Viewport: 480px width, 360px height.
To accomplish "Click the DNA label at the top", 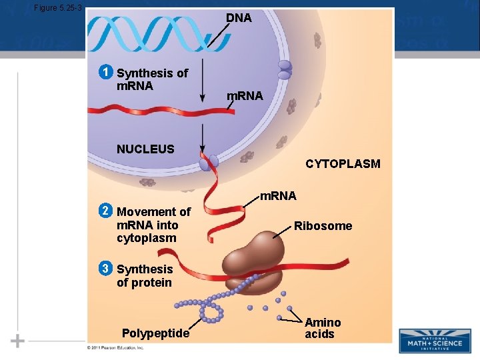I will pos(239,18).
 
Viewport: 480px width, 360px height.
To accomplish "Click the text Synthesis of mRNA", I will pos(152,79).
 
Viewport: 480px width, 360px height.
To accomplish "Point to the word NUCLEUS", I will pos(145,149).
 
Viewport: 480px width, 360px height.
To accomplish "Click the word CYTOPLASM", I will pos(343,163).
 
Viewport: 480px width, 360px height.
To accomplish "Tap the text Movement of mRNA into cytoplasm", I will pos(153,225).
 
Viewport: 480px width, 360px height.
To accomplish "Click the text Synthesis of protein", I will pos(145,275).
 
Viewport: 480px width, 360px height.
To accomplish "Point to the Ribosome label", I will pos(323,226).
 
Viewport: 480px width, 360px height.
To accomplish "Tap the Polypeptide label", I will pos(156,333).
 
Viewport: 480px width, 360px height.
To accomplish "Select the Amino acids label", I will pos(323,328).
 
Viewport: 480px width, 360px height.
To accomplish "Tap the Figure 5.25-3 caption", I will pos(57,8).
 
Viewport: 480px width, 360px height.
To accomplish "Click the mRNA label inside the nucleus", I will pos(245,96).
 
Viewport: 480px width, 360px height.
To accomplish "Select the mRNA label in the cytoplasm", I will pos(278,196).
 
